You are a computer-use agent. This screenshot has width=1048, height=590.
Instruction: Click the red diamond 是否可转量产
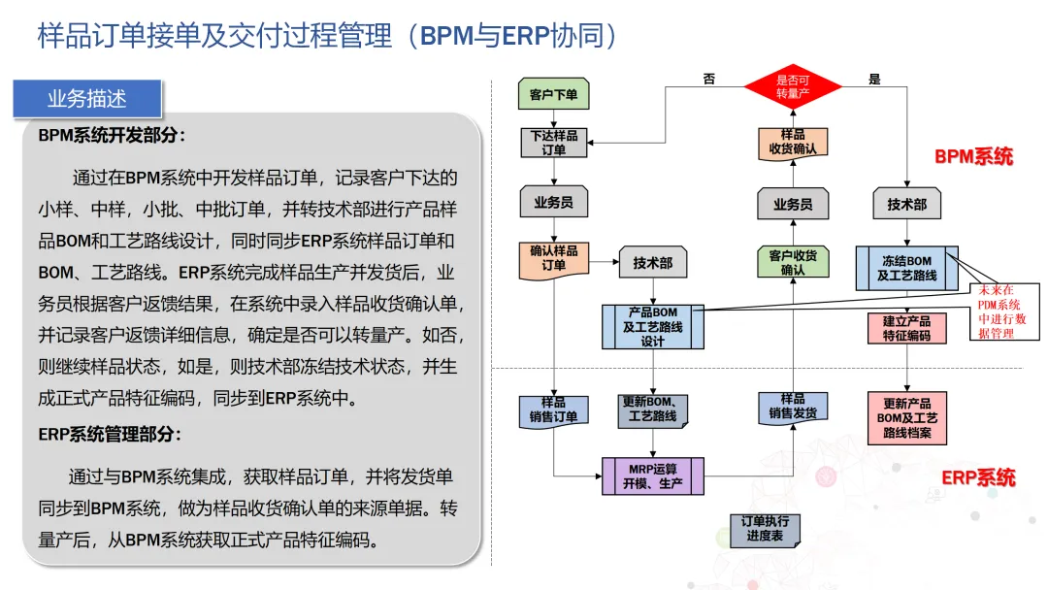click(793, 86)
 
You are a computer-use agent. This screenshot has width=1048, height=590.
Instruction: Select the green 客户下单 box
click(553, 94)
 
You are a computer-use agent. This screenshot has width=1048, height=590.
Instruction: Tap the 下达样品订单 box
click(553, 143)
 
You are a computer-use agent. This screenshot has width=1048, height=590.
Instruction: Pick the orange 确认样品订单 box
click(553, 257)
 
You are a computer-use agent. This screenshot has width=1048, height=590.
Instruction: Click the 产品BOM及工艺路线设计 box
click(652, 327)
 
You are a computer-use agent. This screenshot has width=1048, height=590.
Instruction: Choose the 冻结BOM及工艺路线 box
click(906, 268)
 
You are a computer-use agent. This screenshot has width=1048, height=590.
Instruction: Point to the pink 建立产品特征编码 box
click(906, 328)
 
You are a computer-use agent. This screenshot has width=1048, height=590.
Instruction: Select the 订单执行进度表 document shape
click(765, 529)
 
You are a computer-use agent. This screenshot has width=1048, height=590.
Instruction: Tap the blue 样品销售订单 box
click(553, 410)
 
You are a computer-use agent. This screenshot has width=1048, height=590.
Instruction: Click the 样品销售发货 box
click(793, 408)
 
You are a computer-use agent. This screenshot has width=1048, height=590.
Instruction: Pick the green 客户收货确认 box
click(793, 262)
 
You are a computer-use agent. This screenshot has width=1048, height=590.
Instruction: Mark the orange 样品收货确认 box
click(793, 143)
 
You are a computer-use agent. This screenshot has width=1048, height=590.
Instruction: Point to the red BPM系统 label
click(973, 156)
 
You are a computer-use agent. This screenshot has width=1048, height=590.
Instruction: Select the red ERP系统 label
click(978, 477)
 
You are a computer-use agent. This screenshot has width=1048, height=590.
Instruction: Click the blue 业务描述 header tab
click(87, 99)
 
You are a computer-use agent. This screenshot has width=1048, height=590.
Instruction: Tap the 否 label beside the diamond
click(709, 80)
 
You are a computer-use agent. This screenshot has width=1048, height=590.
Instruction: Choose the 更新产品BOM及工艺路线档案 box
click(906, 417)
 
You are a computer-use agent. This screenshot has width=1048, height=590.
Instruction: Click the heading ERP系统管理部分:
click(110, 435)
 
